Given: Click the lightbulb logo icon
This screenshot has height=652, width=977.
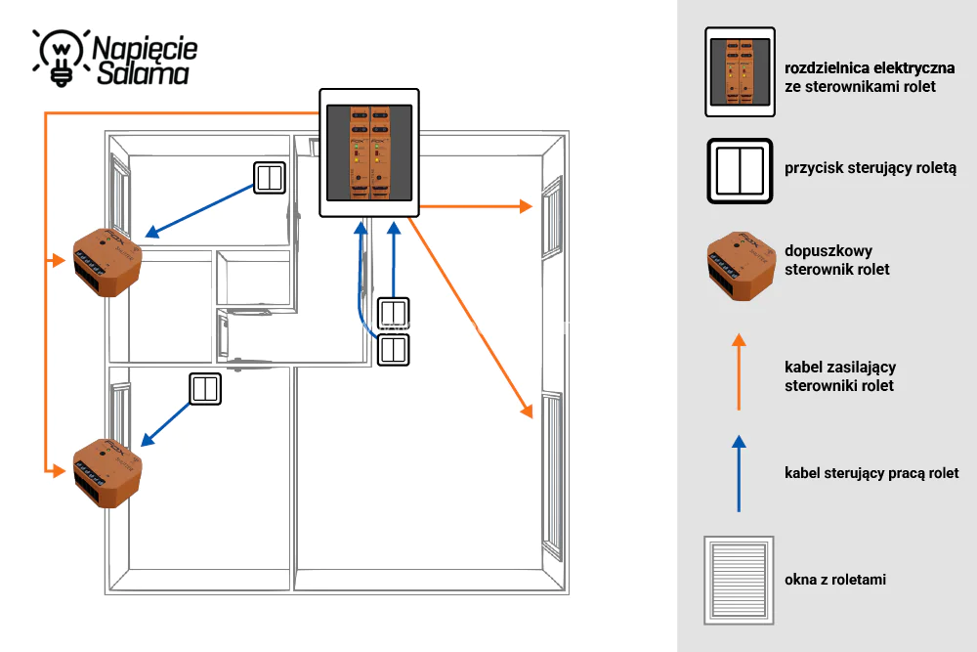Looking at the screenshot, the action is tap(61, 58).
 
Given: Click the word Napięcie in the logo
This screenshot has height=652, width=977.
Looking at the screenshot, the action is tap(145, 49).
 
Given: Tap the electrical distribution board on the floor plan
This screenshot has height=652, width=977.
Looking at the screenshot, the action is tap(369, 152).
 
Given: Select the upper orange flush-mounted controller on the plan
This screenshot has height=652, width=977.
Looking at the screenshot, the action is tap(107, 262).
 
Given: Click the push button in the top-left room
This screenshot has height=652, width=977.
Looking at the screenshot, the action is tap(270, 178).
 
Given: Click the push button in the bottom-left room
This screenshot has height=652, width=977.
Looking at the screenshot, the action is tap(205, 389).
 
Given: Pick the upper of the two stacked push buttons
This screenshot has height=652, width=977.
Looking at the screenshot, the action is tap(394, 313).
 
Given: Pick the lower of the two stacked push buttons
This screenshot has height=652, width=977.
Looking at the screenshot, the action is tap(394, 350).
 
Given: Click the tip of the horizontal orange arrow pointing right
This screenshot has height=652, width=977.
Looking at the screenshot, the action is tap(532, 206).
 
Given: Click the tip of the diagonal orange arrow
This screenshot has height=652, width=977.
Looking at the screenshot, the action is tap(532, 417).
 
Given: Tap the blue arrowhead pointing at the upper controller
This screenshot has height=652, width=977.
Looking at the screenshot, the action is tap(151, 233).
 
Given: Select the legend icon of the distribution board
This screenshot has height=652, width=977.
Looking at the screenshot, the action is tap(741, 71).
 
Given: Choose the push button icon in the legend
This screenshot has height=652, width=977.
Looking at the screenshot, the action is tap(741, 171).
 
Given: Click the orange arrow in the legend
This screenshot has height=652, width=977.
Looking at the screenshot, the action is tap(739, 371).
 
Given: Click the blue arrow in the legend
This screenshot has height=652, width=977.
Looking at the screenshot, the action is tap(739, 474).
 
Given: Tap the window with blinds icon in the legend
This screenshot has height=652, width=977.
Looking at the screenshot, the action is tap(739, 581).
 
